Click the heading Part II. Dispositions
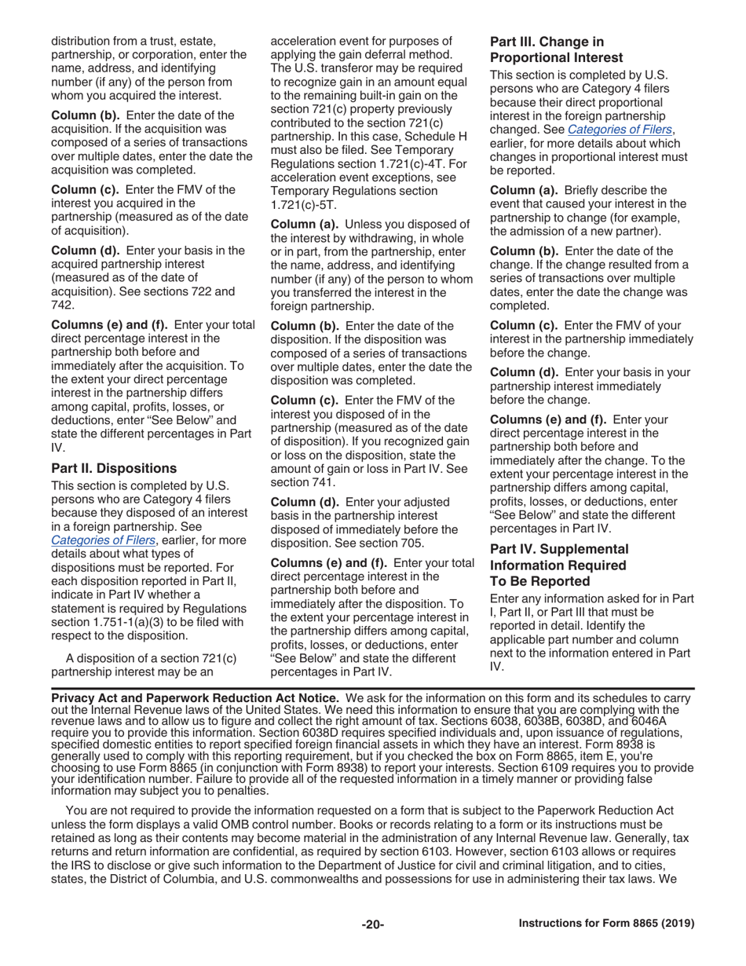pyautogui.click(x=114, y=469)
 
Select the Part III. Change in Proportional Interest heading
pyautogui.click(x=557, y=49)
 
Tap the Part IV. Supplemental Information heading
pyautogui.click(x=559, y=565)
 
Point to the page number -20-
pyautogui.click(x=372, y=924)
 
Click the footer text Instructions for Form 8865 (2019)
pyautogui.click(x=606, y=924)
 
